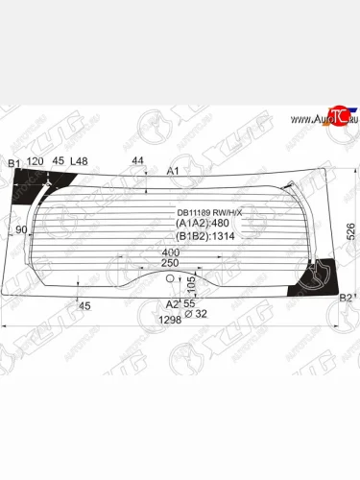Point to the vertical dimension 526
click(x=351, y=230)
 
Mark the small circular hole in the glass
click(x=170, y=278)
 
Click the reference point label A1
click(x=174, y=171)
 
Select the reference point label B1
click(x=13, y=163)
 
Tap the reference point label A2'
click(x=172, y=303)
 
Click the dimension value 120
click(x=35, y=162)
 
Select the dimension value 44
click(x=137, y=160)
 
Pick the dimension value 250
click(x=170, y=263)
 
